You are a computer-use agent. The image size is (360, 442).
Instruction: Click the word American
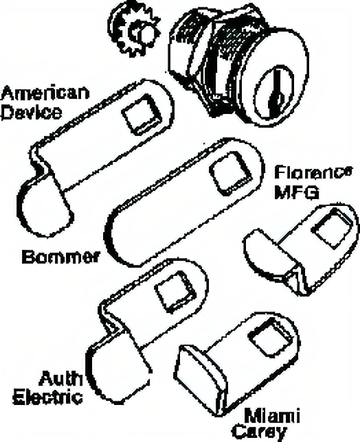pos(45,94)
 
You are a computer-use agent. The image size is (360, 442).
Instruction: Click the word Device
pos(31,113)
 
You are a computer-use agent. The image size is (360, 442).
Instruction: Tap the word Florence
pos(313,172)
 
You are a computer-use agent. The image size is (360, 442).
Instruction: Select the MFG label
pos(297,192)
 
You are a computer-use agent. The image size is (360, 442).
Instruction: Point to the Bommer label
pos(61,257)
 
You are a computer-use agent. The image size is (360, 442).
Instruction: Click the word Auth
pos(61,379)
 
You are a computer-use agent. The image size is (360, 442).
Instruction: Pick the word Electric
pos(47,397)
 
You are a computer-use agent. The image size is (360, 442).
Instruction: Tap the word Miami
pos(271,416)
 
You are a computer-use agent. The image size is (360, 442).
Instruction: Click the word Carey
pos(260,432)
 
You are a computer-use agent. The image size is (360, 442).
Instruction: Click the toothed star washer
pos(135,31)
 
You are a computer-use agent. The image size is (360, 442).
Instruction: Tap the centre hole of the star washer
pos(143,33)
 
